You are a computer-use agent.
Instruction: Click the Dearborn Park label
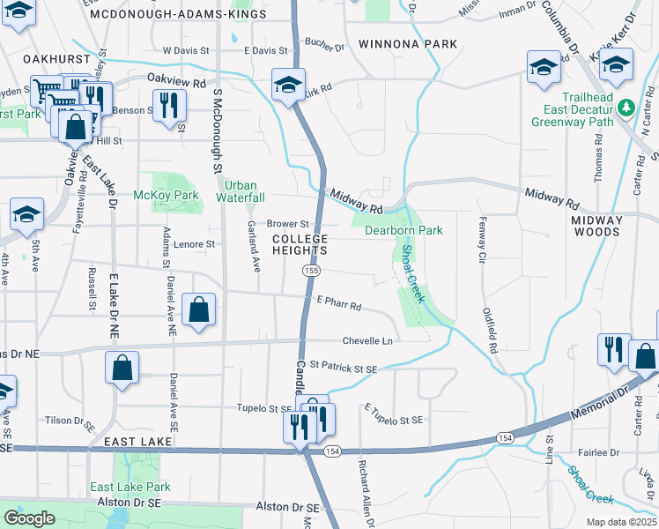(404, 230)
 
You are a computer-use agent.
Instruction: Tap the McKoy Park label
(153, 195)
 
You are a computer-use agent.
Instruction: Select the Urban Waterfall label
(241, 191)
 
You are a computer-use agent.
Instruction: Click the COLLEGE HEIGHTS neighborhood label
(300, 245)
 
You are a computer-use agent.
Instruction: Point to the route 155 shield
(311, 271)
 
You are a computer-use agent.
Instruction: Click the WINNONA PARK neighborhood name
(408, 44)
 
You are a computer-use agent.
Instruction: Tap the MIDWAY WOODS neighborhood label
(596, 226)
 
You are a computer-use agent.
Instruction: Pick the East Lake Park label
(130, 487)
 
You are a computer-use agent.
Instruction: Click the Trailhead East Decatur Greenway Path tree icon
(626, 108)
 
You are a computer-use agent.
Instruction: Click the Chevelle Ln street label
(367, 341)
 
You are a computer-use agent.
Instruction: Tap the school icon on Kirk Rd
(288, 86)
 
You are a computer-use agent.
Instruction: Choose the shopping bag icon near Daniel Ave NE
(200, 310)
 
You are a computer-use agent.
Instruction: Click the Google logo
(29, 518)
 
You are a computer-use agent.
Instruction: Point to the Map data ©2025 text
(621, 522)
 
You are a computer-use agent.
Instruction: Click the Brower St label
(288, 224)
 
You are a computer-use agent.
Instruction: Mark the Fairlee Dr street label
(599, 452)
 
